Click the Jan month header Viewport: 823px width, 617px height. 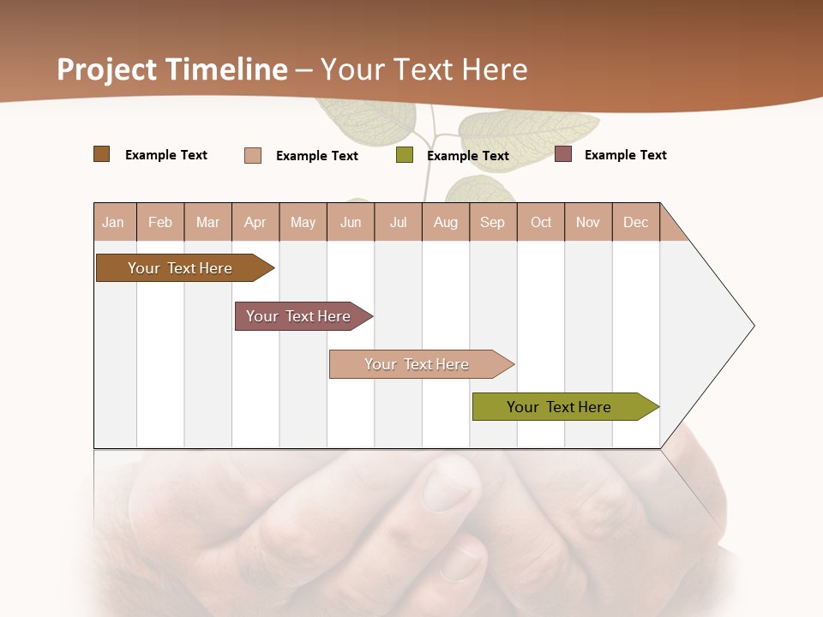(113, 222)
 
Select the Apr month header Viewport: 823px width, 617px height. (255, 222)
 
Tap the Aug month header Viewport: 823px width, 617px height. (445, 222)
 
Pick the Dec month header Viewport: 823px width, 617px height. (635, 222)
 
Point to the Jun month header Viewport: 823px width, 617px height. (351, 222)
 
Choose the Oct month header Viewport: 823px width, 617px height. (541, 222)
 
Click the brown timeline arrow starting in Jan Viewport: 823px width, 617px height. (180, 268)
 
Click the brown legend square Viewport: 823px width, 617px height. (101, 154)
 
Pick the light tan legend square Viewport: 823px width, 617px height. (253, 155)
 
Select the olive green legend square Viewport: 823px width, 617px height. (405, 155)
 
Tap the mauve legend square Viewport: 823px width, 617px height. (563, 154)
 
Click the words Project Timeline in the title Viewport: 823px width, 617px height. (171, 69)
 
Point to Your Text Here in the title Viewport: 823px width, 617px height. (424, 69)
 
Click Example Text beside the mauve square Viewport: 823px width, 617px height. (625, 154)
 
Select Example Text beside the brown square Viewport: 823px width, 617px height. (165, 154)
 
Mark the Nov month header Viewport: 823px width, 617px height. (588, 222)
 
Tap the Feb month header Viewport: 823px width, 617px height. (160, 222)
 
